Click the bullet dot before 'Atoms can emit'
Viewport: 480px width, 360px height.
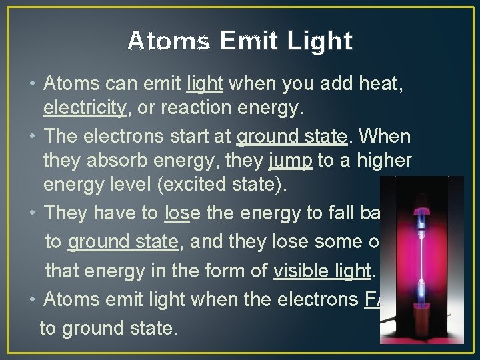[x=33, y=85]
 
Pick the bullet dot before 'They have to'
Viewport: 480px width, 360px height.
[x=33, y=213]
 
